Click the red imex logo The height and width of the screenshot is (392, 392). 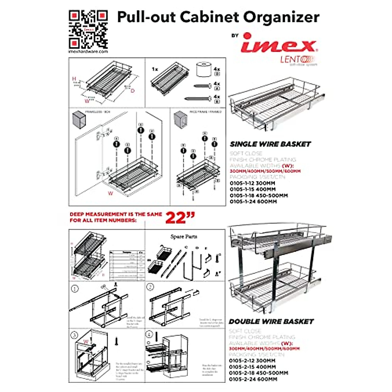(278, 44)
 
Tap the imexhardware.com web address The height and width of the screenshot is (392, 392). (88, 52)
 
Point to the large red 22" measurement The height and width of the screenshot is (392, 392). (180, 218)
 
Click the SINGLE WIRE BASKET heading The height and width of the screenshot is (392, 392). (270, 144)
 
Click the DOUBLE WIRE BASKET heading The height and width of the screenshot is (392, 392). (271, 322)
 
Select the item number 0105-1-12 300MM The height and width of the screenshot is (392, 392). (253, 183)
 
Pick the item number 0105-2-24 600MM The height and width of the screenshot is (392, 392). (253, 379)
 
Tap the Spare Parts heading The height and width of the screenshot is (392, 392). (184, 237)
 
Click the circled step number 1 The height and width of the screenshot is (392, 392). (75, 289)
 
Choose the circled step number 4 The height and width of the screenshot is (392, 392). (150, 335)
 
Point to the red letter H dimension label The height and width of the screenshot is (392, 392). (74, 79)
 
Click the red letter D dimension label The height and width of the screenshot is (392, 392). (132, 90)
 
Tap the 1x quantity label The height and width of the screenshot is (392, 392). (155, 69)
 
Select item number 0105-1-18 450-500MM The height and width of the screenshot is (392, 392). (258, 195)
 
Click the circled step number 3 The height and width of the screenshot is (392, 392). (75, 335)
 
